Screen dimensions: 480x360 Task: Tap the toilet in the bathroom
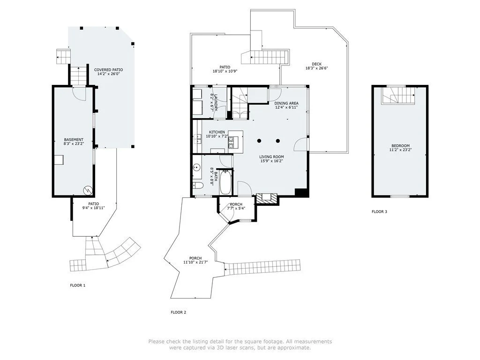(x=198, y=185)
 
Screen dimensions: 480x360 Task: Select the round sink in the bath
(x=196, y=168)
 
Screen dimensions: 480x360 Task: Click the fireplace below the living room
(x=267, y=199)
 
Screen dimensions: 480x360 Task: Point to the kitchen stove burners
(x=231, y=142)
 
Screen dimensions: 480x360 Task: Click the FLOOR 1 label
(x=78, y=285)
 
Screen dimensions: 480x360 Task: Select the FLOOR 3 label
(x=379, y=211)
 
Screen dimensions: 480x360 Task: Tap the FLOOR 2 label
(x=179, y=313)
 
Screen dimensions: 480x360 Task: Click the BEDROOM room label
(x=400, y=146)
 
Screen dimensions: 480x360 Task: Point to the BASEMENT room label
(x=74, y=140)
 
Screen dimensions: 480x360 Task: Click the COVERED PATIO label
(x=108, y=70)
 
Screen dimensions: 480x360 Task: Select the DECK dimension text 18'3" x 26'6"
(x=316, y=68)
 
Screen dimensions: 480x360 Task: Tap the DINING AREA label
(x=286, y=104)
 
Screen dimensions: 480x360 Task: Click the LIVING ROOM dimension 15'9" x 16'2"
(x=271, y=161)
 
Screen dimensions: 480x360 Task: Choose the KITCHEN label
(x=217, y=132)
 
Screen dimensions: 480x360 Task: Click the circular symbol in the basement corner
(x=87, y=190)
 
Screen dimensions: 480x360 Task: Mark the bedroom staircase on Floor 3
(x=398, y=96)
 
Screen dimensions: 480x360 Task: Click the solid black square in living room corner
(x=300, y=193)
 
